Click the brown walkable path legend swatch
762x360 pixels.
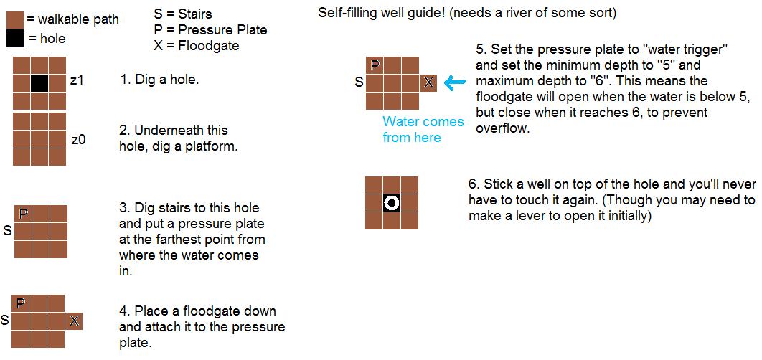click(15, 20)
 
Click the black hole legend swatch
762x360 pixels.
click(15, 39)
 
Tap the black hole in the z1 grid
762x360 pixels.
click(39, 83)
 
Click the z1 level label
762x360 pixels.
click(77, 80)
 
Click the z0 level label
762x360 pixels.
click(78, 141)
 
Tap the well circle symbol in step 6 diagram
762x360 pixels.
click(391, 203)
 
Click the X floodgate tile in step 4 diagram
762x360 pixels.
click(74, 321)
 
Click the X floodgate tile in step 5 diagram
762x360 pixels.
click(428, 83)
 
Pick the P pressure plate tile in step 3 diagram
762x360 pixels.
click(23, 214)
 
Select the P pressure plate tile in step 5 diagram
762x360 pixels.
click(375, 65)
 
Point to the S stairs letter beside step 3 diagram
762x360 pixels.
click(7, 231)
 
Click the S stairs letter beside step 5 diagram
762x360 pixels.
click(359, 82)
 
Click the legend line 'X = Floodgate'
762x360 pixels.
click(197, 46)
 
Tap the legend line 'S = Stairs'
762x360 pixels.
click(183, 14)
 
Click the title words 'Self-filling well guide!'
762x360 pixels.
click(382, 13)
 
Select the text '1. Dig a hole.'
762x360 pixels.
click(159, 80)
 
